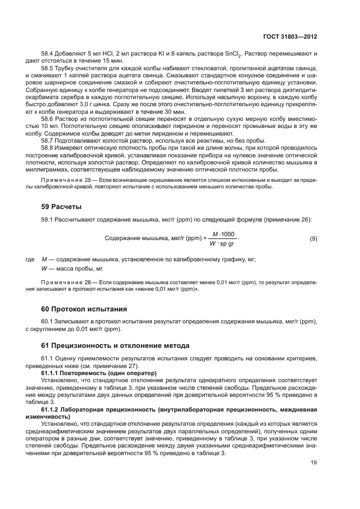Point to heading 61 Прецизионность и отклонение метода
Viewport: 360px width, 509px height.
point(115,346)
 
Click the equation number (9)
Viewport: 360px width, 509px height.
point(313,238)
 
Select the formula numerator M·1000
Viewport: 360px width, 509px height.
point(223,234)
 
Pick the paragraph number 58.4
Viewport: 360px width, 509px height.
point(47,53)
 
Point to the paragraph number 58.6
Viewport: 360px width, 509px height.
point(47,118)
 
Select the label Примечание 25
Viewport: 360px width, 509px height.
point(65,180)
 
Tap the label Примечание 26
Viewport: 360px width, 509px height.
point(65,282)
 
